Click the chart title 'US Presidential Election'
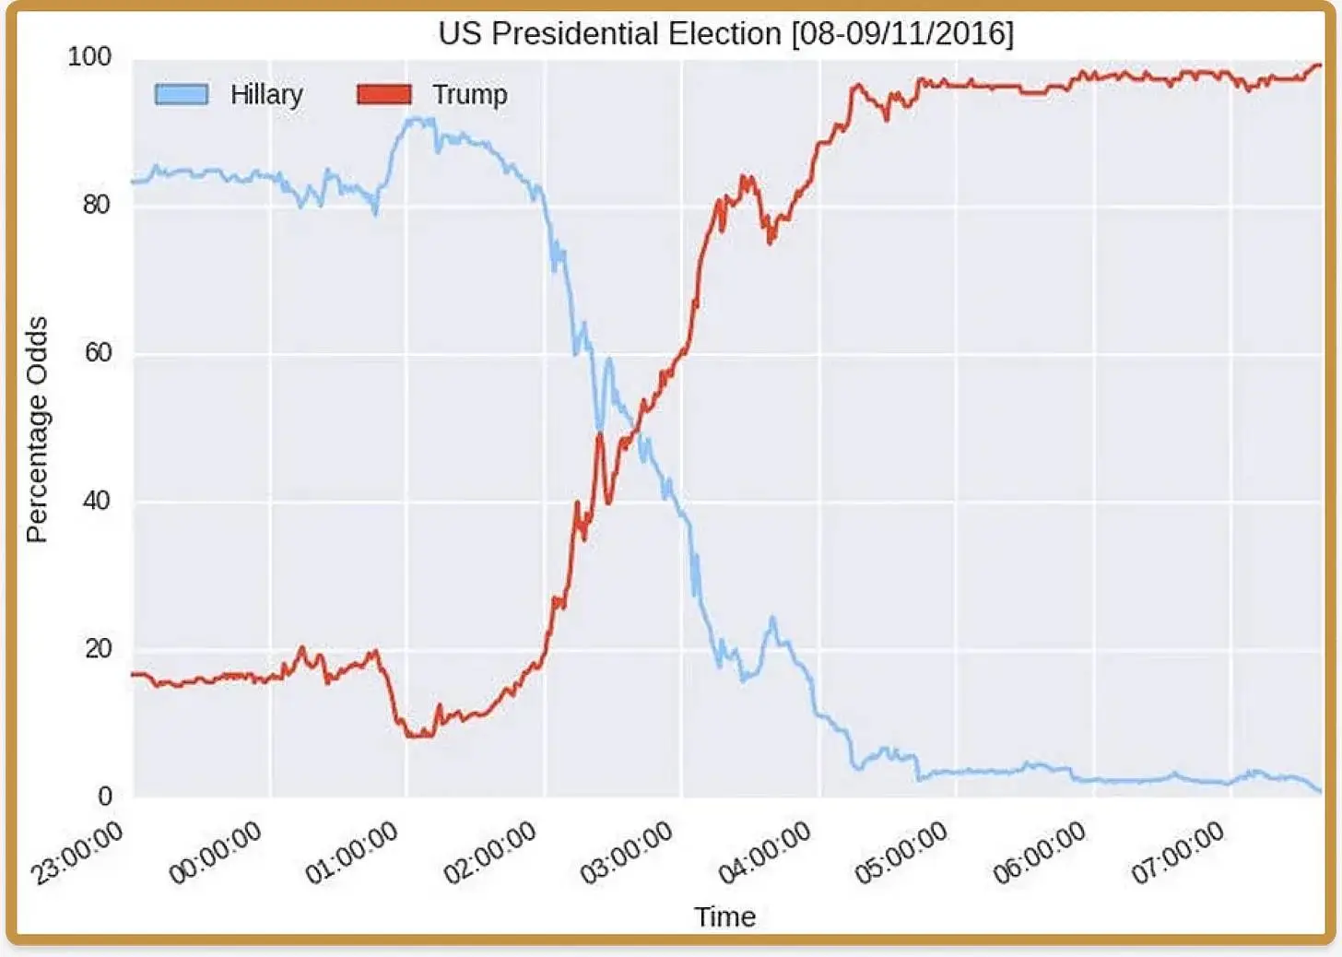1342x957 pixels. [609, 34]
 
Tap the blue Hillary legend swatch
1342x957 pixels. [182, 94]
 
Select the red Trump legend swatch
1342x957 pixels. [384, 94]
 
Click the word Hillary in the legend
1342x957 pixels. [266, 94]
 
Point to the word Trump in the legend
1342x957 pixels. [469, 94]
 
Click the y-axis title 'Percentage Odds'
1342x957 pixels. [37, 430]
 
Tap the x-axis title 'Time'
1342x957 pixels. [724, 916]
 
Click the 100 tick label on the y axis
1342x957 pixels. [89, 56]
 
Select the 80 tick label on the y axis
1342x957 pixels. [96, 204]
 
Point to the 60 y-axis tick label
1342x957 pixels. [97, 352]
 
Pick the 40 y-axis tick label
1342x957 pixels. [97, 501]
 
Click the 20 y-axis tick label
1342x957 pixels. [98, 648]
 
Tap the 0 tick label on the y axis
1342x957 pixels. [104, 797]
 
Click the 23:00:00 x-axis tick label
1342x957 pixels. [77, 854]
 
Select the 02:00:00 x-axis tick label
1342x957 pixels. [489, 854]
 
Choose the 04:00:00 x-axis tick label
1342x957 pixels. [764, 854]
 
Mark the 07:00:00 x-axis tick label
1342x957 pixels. [1177, 854]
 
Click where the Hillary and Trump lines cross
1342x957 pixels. [635, 423]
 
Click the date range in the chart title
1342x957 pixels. [902, 34]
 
